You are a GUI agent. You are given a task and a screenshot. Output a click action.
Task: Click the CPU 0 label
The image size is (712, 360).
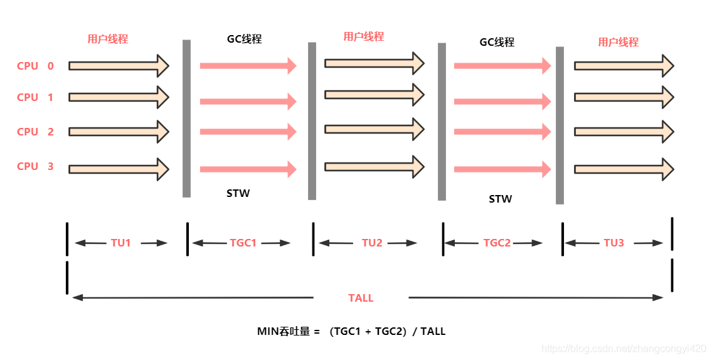tap(36, 66)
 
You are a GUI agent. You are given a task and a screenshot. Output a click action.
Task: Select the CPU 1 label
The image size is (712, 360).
tap(36, 97)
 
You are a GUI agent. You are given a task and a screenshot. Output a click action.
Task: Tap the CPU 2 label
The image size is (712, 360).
tap(36, 132)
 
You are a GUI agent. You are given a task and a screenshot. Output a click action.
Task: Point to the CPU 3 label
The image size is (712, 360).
tap(36, 166)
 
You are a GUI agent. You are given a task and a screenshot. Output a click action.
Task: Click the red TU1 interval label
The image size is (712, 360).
tap(121, 243)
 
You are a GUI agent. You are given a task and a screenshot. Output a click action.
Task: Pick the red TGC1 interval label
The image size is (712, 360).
tap(243, 243)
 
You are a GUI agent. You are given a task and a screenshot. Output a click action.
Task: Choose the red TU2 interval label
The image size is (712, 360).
tap(372, 243)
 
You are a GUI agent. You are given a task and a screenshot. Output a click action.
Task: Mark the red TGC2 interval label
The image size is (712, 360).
tap(497, 243)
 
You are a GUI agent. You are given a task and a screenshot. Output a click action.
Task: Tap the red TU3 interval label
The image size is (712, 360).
tap(614, 243)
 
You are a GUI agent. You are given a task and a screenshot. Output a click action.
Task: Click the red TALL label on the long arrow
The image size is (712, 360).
tap(361, 298)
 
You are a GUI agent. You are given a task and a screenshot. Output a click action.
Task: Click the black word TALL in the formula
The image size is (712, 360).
tap(433, 331)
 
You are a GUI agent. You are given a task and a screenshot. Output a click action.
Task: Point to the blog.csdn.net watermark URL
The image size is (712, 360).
tap(624, 348)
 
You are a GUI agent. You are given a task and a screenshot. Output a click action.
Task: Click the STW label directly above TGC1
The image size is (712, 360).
tap(238, 193)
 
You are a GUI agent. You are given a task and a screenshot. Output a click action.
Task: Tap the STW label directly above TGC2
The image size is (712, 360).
tap(500, 199)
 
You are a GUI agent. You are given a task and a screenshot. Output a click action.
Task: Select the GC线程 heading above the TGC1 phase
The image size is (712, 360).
tap(244, 39)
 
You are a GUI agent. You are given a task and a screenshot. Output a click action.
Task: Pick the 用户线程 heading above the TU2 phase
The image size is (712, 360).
tap(363, 36)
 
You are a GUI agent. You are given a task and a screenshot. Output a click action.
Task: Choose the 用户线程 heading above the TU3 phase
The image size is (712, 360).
tap(618, 42)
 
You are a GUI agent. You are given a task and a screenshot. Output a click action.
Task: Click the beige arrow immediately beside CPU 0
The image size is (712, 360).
tap(119, 65)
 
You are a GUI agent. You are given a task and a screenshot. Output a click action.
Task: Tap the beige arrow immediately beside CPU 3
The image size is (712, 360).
tap(119, 169)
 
